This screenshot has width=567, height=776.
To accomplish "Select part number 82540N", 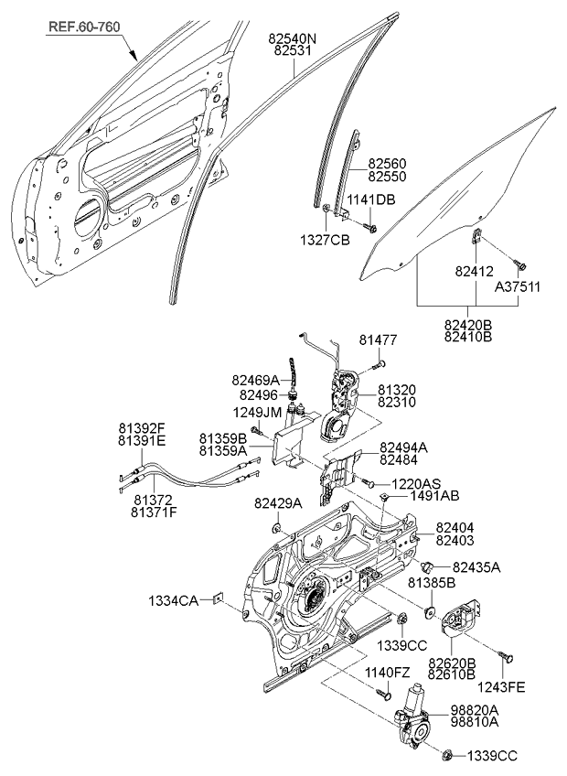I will [293, 39].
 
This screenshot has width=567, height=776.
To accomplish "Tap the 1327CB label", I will [326, 241].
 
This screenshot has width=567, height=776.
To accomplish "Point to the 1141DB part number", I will [371, 199].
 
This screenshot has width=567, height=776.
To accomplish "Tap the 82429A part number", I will [278, 503].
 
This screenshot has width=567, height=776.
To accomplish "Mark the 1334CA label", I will [174, 600].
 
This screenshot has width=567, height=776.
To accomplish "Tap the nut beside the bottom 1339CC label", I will [449, 755].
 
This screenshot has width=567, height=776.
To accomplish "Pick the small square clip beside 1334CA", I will [217, 599].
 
